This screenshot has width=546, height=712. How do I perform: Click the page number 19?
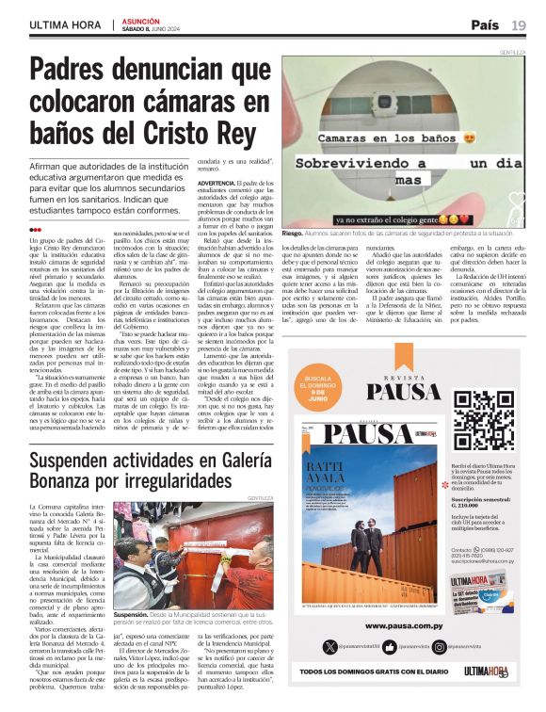[519, 24]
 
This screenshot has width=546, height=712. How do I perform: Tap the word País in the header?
[485, 24]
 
